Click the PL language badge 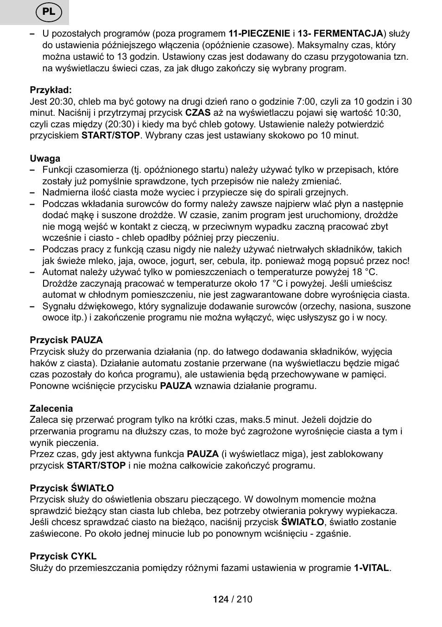49,12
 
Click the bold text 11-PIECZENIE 259,34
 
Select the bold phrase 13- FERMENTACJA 340,34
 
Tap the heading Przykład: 51,90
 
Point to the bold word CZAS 198,113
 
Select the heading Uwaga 45,158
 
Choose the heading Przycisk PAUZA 66,340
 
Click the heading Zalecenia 51,409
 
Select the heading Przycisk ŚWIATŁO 72,488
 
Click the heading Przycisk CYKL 63,557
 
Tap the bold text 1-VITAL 371,568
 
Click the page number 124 221,599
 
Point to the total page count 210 244,599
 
